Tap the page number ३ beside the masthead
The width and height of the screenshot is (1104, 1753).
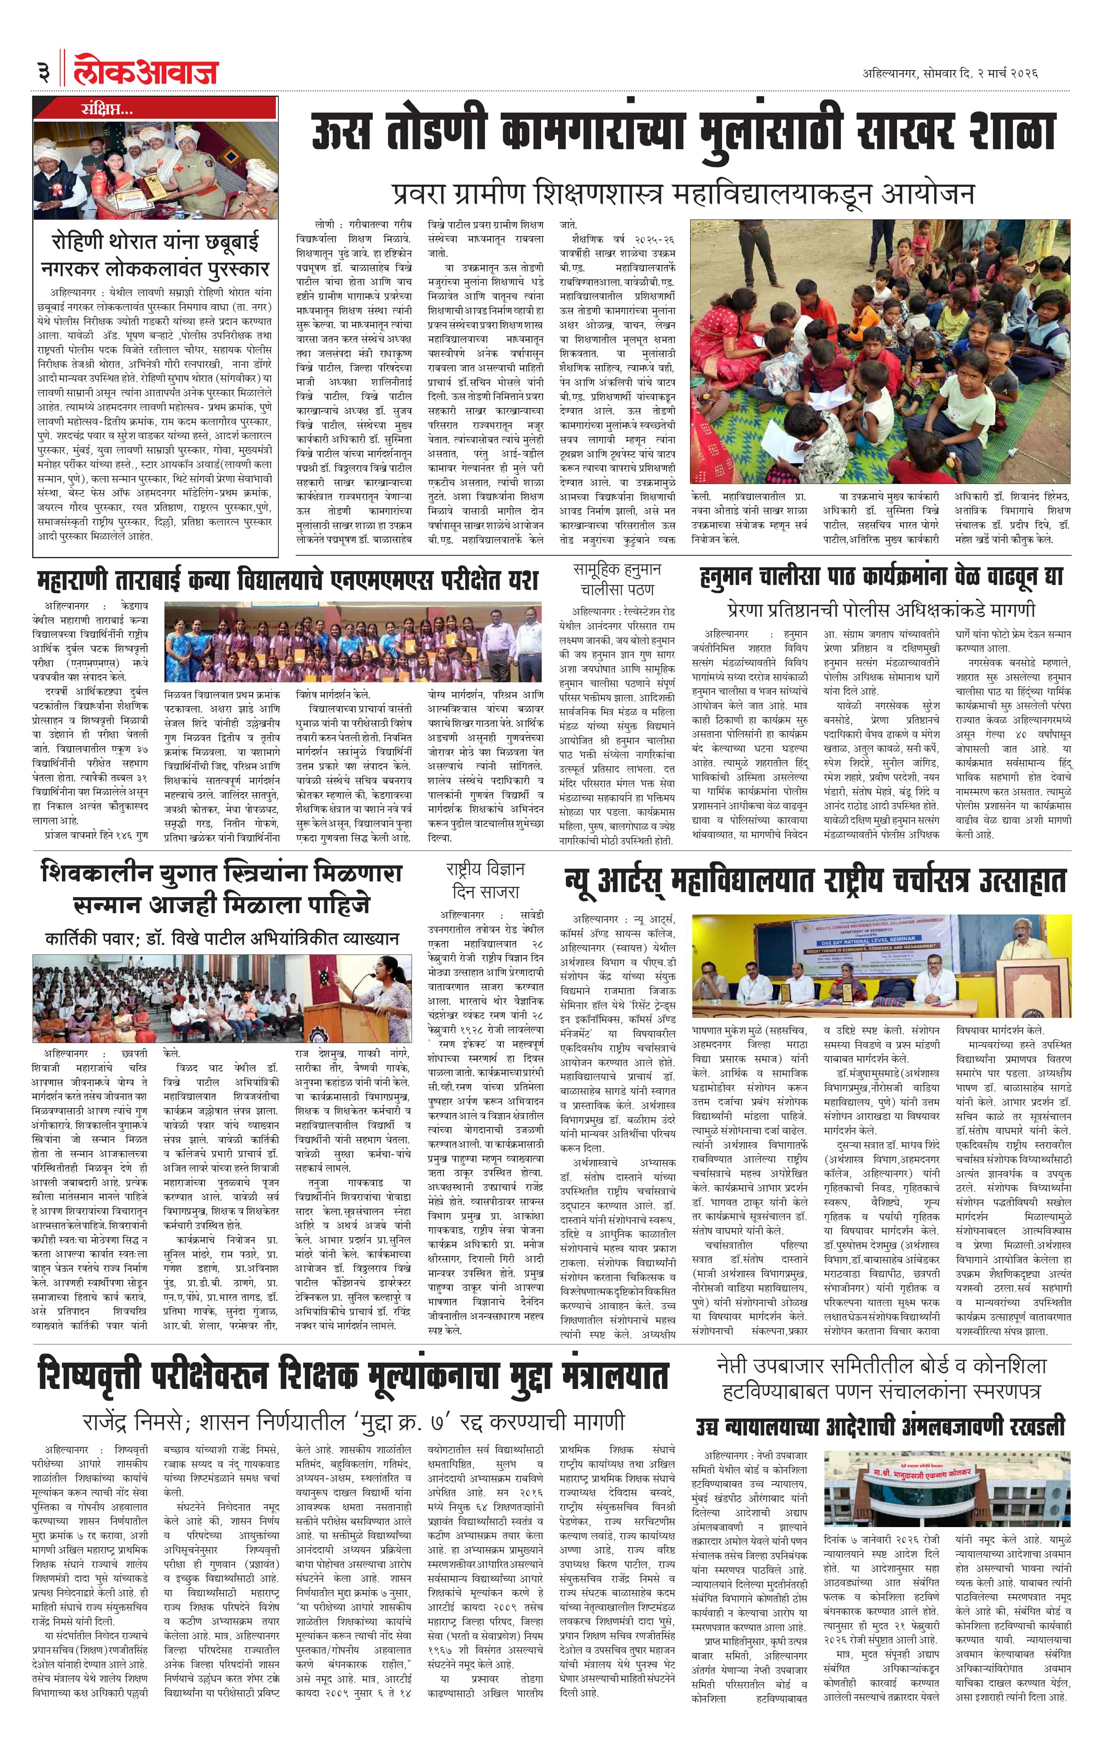[x=44, y=72]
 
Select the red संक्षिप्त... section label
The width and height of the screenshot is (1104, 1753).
[x=106, y=109]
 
